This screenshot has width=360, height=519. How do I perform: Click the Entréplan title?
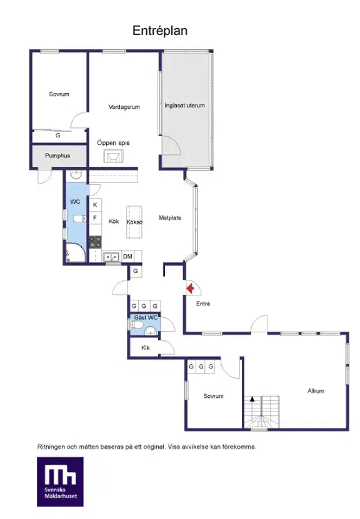coord(160,31)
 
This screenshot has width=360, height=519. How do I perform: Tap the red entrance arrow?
coord(190,289)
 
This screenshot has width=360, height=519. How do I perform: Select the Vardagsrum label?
coord(124,107)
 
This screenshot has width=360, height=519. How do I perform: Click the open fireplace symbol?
coord(114,156)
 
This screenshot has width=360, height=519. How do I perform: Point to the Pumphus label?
coord(57,156)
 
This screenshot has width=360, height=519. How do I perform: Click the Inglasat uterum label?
coord(184,106)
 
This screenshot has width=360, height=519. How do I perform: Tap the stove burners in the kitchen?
coord(96,242)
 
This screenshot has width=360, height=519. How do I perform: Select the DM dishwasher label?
coord(127,256)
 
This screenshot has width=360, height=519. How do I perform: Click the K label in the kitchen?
coord(95,205)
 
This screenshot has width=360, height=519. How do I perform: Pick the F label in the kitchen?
coord(95,218)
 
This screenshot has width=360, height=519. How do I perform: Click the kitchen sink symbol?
coord(111,257)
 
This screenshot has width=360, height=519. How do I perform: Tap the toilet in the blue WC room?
coord(80,219)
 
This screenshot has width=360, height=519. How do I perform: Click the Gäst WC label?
coord(146,317)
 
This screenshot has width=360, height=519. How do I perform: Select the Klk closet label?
coord(146,347)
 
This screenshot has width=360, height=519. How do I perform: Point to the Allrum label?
coord(316,391)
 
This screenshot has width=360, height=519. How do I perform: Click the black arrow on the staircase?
coord(252,399)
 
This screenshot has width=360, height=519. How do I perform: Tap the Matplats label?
coord(170,218)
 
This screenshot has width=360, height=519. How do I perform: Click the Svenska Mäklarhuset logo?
coord(60,482)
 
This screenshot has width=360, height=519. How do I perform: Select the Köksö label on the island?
coord(134,222)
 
